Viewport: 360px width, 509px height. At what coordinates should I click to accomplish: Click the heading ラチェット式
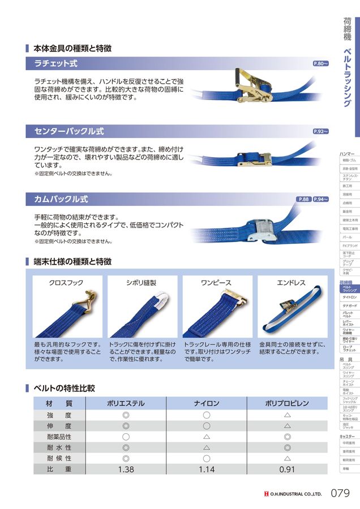tap(56, 64)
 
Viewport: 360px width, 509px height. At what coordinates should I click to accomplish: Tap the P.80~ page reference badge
tap(320, 64)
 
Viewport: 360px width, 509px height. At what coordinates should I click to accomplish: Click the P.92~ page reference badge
tap(320, 131)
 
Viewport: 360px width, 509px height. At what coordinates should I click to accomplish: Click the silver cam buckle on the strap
tap(252, 231)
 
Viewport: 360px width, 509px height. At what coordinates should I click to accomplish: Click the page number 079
tap(338, 493)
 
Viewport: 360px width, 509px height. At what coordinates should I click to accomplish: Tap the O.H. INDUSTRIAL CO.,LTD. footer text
tap(295, 494)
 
